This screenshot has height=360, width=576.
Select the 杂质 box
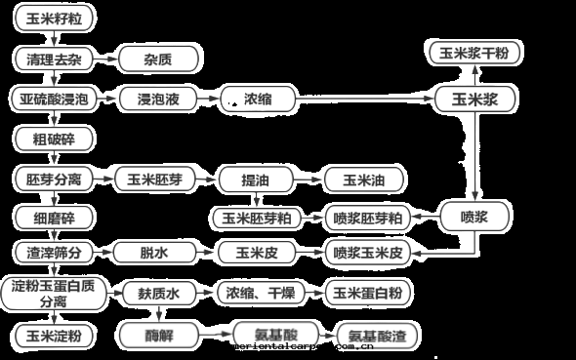159,60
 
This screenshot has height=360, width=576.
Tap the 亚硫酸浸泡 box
54,99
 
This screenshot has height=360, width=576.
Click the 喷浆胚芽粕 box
368,217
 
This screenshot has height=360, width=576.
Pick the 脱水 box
155,253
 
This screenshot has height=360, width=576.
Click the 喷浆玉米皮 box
368,253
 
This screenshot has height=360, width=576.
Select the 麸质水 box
155,292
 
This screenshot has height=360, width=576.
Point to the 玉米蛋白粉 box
368,292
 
